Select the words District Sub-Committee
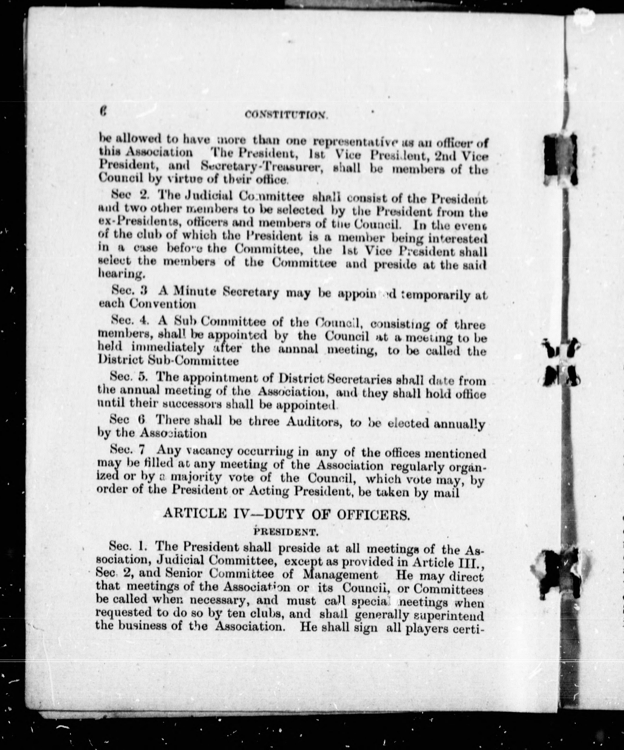coord(168,361)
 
